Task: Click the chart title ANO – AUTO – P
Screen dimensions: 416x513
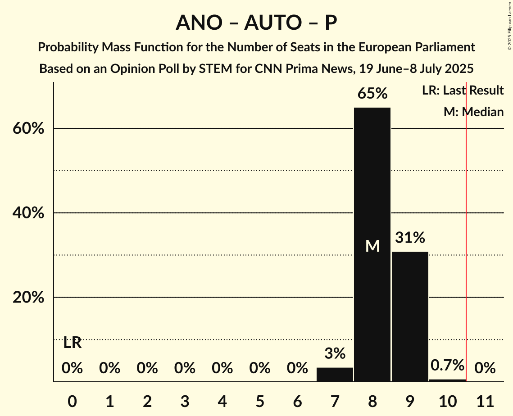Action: (x=256, y=23)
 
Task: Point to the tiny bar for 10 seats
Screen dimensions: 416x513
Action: (x=447, y=380)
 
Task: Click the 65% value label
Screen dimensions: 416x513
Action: (x=372, y=94)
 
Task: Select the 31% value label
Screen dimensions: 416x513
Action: (x=410, y=238)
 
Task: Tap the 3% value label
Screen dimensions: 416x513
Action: (x=335, y=353)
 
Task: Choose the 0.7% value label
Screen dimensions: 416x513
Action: (x=447, y=365)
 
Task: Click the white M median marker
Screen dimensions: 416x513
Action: (x=372, y=246)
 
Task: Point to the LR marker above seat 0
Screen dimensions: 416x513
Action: (x=72, y=343)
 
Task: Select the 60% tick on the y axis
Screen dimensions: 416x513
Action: (x=27, y=129)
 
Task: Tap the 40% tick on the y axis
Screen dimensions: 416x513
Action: (x=27, y=213)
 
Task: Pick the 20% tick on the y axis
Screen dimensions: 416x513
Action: (x=27, y=298)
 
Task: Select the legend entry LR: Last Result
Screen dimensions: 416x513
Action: (x=463, y=90)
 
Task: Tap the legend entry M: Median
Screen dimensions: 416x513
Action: (x=473, y=112)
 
